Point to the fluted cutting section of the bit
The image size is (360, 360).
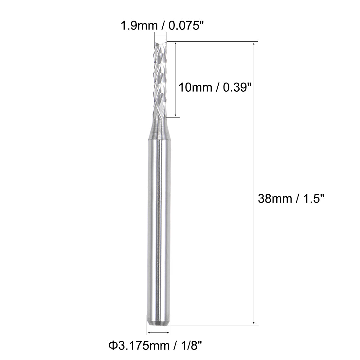(x=160, y=79)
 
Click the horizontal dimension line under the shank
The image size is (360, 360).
(x=159, y=333)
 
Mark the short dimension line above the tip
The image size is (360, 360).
(x=160, y=36)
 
